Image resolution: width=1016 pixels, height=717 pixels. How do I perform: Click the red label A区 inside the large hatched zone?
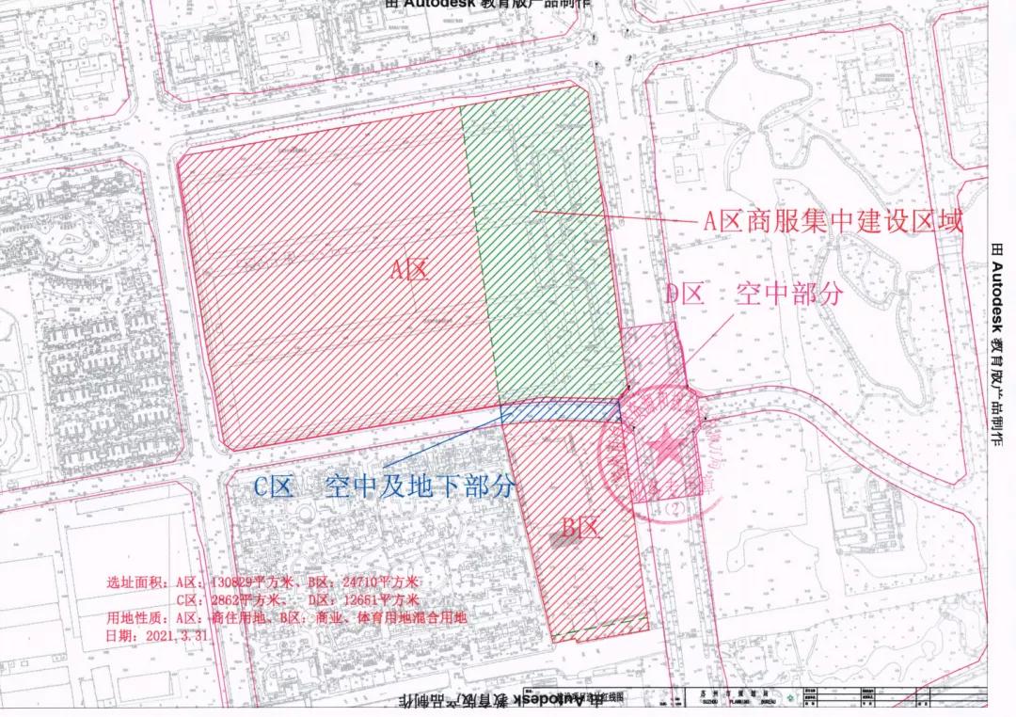click(x=410, y=271)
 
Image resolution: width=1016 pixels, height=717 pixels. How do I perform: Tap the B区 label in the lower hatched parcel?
click(x=580, y=529)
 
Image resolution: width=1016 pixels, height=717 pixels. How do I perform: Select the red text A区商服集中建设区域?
click(x=833, y=222)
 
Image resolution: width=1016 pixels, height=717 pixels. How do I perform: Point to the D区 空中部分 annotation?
click(x=754, y=294)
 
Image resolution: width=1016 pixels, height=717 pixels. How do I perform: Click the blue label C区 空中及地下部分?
click(x=386, y=486)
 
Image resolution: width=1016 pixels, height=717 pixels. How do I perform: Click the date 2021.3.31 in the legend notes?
click(x=178, y=635)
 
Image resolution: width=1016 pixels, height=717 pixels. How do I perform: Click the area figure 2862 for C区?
click(x=228, y=600)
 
